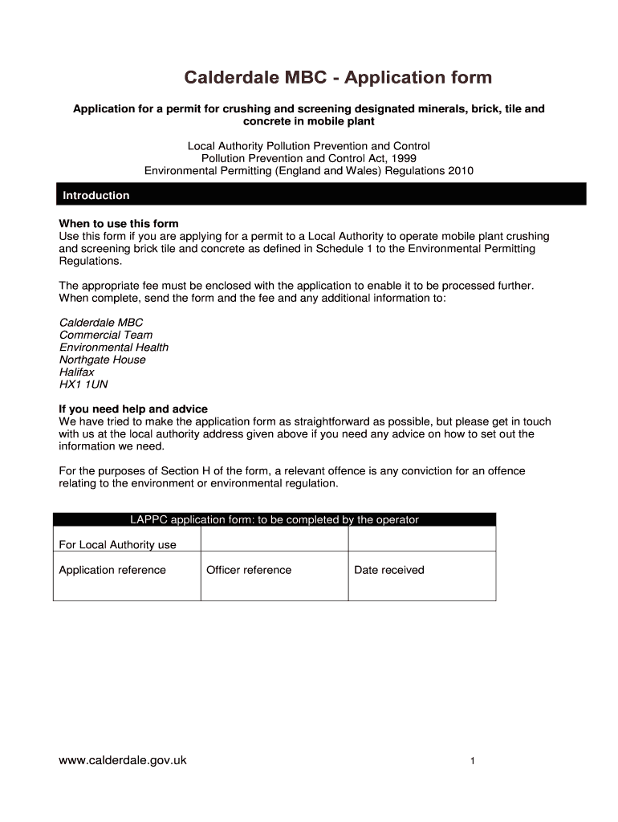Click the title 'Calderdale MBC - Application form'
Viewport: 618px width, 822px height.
pos(338,78)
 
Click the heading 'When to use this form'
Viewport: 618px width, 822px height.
pos(119,223)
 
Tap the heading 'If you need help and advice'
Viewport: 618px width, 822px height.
pos(133,409)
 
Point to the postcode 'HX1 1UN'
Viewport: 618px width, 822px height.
pos(83,385)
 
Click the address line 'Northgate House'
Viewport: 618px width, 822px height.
pos(103,360)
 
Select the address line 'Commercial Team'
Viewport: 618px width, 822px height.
pos(106,335)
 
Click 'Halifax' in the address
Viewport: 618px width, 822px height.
pos(77,372)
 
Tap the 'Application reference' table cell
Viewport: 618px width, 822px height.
pos(112,570)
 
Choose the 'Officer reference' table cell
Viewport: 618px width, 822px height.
pos(249,570)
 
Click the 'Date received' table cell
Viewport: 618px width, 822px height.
pos(389,570)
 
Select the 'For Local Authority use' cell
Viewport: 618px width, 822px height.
pos(118,545)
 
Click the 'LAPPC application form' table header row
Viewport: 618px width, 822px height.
pos(274,519)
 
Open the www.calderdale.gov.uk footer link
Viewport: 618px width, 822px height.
pos(123,759)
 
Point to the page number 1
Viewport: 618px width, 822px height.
pos(474,761)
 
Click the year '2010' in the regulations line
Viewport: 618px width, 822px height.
pos(461,170)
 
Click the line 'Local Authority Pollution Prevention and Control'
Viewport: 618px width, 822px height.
pos(309,146)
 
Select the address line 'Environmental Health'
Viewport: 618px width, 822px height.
pos(114,348)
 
